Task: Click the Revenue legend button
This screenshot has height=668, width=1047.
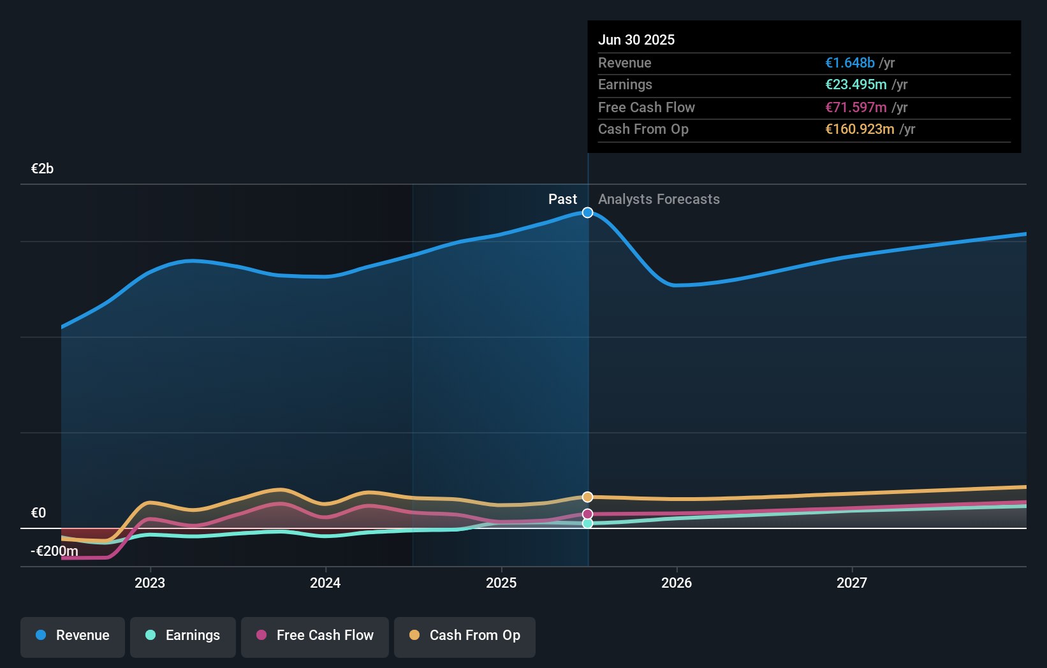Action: [x=73, y=636]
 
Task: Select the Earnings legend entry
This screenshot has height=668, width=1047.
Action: [x=183, y=636]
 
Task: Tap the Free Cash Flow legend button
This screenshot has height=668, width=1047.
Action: [x=315, y=636]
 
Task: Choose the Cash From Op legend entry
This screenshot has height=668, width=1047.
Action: [x=465, y=636]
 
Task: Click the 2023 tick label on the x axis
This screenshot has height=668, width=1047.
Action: [x=150, y=583]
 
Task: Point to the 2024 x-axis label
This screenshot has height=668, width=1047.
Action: [x=325, y=583]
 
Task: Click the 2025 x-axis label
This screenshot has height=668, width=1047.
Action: [x=501, y=583]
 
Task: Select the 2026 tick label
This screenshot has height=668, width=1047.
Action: [x=677, y=583]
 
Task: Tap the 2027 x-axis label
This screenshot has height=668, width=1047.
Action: [x=852, y=583]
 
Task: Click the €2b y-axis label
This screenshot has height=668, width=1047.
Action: [x=42, y=169]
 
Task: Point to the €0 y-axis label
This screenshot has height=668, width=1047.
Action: [x=38, y=513]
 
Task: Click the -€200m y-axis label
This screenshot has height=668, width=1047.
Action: [x=55, y=551]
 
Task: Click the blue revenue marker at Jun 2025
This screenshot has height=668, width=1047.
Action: [x=587, y=212]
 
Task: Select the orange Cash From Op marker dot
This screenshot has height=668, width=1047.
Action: [x=587, y=497]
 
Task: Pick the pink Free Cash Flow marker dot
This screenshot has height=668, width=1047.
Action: [x=587, y=514]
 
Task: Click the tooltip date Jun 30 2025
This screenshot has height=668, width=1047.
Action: [x=636, y=40]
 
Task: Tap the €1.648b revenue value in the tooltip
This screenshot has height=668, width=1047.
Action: [x=849, y=62]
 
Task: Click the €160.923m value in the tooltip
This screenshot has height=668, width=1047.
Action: [x=860, y=129]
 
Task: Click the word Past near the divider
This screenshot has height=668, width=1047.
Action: [x=562, y=200]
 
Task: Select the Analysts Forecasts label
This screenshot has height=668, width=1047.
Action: [x=659, y=200]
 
